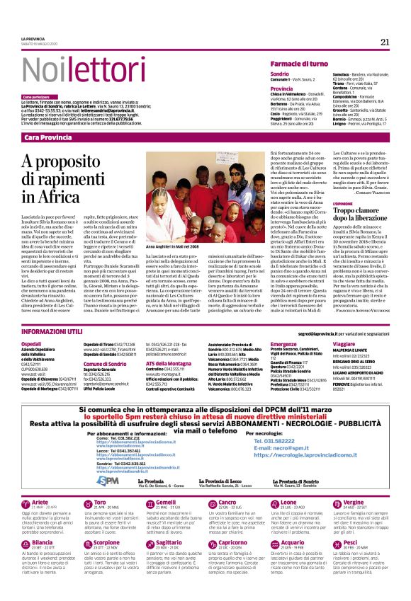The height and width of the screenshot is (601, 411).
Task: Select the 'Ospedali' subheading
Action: click(x=32, y=343)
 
